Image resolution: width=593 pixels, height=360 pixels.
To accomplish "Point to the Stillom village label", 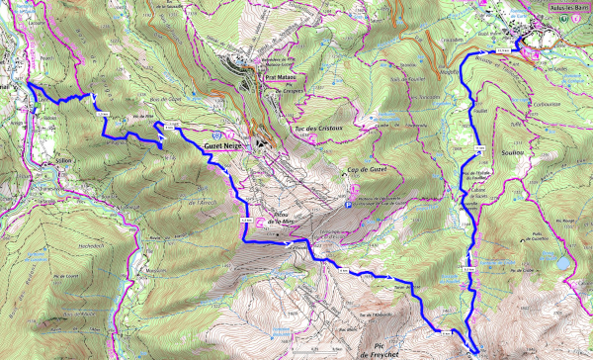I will pyautogui.click(x=62, y=159).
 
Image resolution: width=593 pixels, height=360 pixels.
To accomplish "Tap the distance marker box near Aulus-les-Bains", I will pyautogui.click(x=503, y=48).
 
